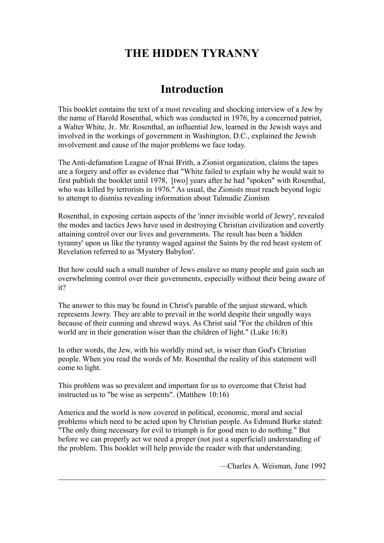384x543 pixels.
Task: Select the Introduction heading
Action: pyautogui.click(x=192, y=89)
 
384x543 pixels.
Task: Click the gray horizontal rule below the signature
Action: pyautogui.click(x=192, y=480)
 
